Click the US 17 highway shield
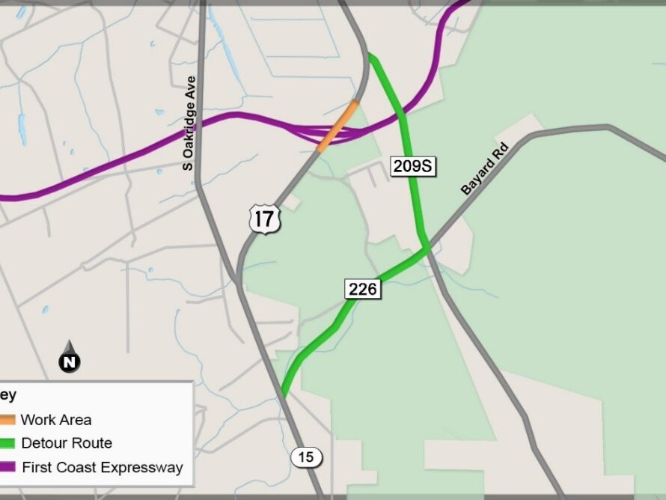click(x=266, y=219)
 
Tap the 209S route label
click(x=413, y=166)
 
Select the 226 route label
click(x=363, y=289)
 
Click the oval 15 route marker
click(x=306, y=457)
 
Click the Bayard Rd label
click(x=484, y=170)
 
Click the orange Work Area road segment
click(x=337, y=126)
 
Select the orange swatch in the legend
click(x=7, y=420)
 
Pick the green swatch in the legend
click(x=7, y=443)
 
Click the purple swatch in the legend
click(x=7, y=467)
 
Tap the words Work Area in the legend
click(x=56, y=420)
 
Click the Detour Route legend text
click(x=67, y=443)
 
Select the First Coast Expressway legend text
click(x=103, y=467)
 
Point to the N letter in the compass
click(x=70, y=363)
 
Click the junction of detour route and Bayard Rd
click(x=426, y=249)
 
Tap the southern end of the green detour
click(x=284, y=394)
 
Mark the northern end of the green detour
click(x=370, y=56)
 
